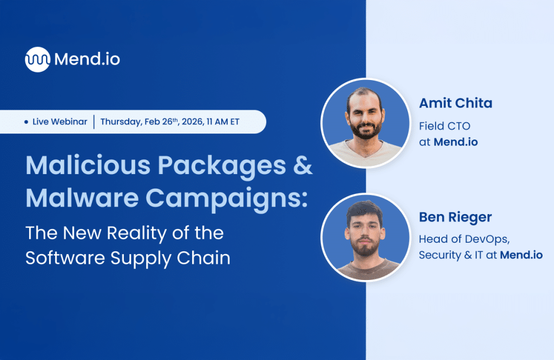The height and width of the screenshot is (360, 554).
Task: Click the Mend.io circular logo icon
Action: (x=37, y=59)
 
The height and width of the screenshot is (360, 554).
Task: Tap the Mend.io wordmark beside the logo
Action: (x=87, y=59)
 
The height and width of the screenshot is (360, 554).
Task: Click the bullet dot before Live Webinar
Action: (x=27, y=122)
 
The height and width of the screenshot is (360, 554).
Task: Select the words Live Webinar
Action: (x=60, y=122)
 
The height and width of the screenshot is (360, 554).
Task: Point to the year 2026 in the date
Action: (x=198, y=122)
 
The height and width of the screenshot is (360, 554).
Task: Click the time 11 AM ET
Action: (x=227, y=122)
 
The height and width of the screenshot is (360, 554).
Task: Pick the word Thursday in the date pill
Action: (x=121, y=122)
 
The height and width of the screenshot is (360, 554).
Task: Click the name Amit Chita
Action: (x=456, y=103)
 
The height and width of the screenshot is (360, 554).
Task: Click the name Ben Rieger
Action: (x=455, y=217)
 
